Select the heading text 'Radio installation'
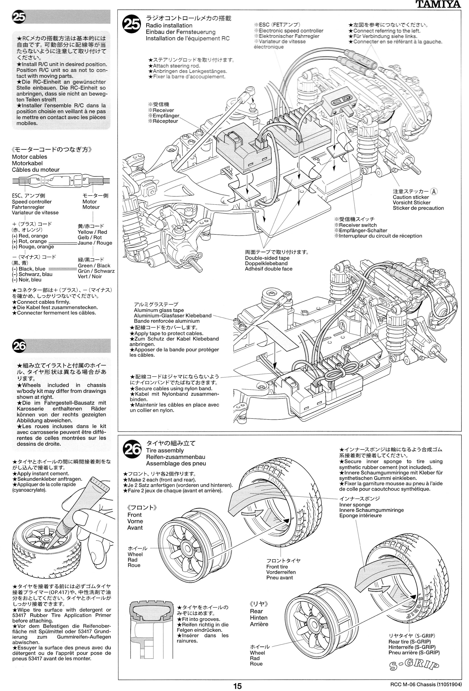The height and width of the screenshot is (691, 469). (169, 25)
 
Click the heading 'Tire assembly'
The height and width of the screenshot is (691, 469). (165, 451)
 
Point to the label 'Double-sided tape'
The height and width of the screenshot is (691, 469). (267, 258)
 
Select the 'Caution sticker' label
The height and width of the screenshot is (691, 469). (411, 197)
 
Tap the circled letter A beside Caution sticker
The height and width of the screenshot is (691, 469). (434, 192)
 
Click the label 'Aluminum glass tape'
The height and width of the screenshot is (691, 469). (159, 310)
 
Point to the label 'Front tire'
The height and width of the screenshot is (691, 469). (277, 567)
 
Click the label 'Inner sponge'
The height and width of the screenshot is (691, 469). (355, 505)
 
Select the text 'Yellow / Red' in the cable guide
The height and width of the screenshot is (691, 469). (92, 232)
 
